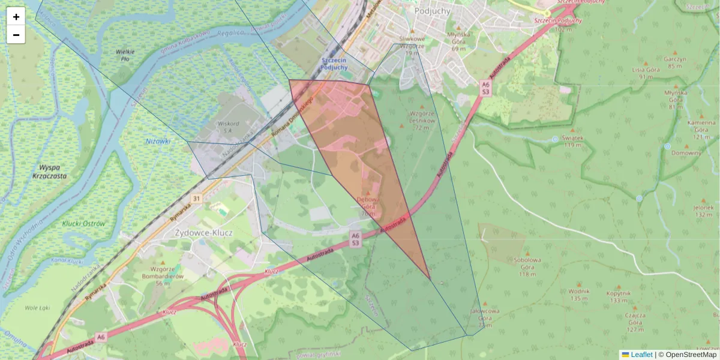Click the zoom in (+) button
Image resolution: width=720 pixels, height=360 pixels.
click(x=16, y=17)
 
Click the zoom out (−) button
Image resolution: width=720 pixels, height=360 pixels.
click(x=16, y=35)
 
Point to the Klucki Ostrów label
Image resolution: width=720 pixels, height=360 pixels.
click(x=83, y=224)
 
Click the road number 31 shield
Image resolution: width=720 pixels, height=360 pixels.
click(x=196, y=198)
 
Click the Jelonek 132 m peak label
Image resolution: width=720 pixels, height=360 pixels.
click(x=703, y=210)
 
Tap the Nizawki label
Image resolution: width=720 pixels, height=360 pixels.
click(x=158, y=141)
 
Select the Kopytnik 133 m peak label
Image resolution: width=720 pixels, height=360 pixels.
click(x=618, y=296)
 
